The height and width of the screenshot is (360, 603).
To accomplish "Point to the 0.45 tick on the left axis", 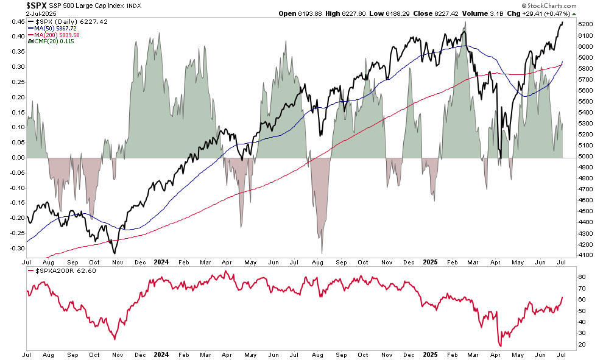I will click(x=17, y=22).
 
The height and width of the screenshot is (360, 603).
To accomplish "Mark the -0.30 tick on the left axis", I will click(x=16, y=248).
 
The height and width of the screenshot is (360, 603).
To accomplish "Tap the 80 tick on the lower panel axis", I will click(x=581, y=277).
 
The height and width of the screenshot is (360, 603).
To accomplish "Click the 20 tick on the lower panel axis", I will click(x=581, y=345).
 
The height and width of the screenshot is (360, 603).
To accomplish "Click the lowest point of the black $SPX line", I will click(x=114, y=253).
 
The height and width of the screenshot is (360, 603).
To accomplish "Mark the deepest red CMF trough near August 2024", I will click(x=321, y=253).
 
